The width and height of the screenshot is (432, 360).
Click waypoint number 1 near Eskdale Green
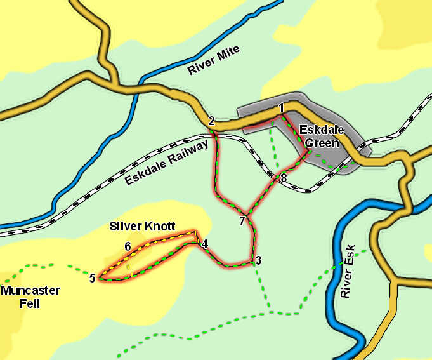click(x=281, y=107)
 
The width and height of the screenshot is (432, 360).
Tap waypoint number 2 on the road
click(x=211, y=121)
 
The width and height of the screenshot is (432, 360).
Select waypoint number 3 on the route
click(x=258, y=260)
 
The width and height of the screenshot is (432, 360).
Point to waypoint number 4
click(x=204, y=243)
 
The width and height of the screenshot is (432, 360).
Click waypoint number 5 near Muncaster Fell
click(x=92, y=277)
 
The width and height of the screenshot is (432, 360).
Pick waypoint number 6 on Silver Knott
click(x=128, y=246)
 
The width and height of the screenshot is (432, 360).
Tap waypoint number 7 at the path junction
click(x=242, y=221)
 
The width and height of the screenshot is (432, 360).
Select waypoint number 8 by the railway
click(x=283, y=178)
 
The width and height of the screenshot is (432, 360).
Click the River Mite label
click(x=214, y=61)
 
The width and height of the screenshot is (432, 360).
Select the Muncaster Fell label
click(x=30, y=297)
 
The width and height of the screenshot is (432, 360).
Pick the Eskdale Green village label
click(x=322, y=137)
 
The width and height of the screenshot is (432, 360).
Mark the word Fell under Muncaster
click(x=30, y=304)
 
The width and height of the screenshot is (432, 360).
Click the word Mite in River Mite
click(x=228, y=55)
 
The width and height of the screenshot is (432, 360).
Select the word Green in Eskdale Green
click(x=322, y=143)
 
